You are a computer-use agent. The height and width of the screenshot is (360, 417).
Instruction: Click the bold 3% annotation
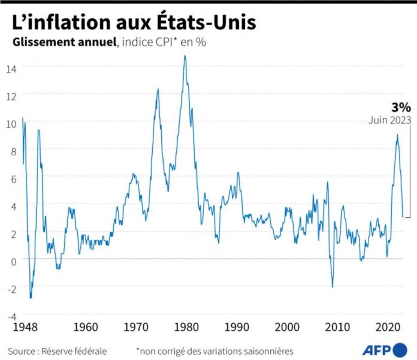(401, 107)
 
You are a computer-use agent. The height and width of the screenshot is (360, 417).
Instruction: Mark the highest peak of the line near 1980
(185, 56)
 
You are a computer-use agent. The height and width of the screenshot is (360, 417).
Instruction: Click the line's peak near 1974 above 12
(158, 89)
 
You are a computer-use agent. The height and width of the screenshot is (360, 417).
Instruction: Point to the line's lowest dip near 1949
(31, 298)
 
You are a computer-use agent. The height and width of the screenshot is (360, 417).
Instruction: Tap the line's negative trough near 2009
(333, 287)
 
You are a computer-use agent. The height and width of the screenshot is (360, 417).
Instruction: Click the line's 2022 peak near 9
(397, 135)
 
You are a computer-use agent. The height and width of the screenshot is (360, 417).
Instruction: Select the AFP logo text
(375, 349)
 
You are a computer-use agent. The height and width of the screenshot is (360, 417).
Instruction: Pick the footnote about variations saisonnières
(215, 351)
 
